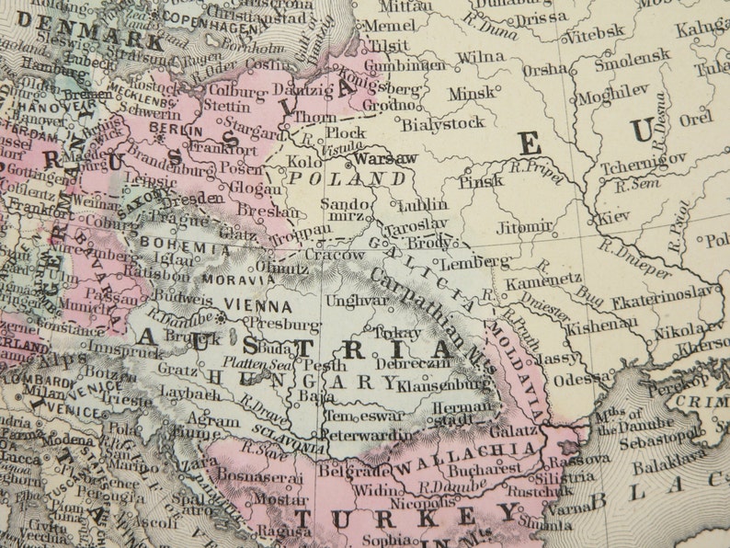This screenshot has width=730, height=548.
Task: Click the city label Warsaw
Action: [x=385, y=158]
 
